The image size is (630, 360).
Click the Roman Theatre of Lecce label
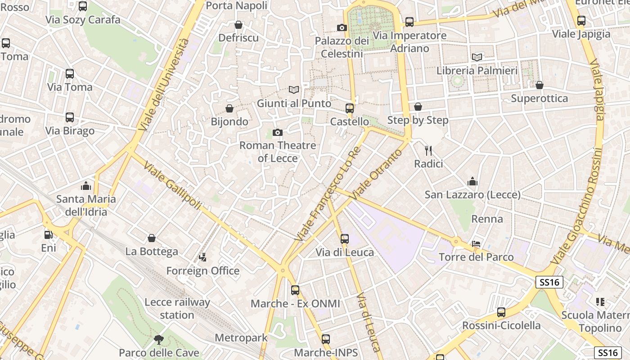tap(278, 152)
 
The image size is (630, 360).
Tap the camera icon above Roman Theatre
tap(278, 132)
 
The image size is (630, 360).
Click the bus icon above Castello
tap(350, 108)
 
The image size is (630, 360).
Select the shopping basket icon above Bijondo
tap(229, 108)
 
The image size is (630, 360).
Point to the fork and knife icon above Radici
tap(428, 151)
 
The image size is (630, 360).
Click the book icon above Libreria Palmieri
tap(477, 57)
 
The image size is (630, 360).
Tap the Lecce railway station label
tap(177, 308)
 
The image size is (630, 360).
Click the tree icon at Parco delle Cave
tap(158, 339)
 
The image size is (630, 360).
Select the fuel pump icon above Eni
tap(49, 234)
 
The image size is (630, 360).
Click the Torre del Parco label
tap(476, 257)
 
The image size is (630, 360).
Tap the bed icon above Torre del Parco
tap(476, 244)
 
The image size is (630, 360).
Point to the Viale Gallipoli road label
tap(172, 186)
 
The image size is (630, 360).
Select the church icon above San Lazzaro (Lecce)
tap(472, 181)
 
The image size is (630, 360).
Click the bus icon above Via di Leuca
tap(345, 239)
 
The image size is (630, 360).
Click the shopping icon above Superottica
tap(540, 85)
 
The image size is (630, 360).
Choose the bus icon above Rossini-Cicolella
tap(501, 312)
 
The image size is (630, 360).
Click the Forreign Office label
tap(203, 270)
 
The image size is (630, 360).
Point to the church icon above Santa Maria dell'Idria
tap(86, 185)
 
